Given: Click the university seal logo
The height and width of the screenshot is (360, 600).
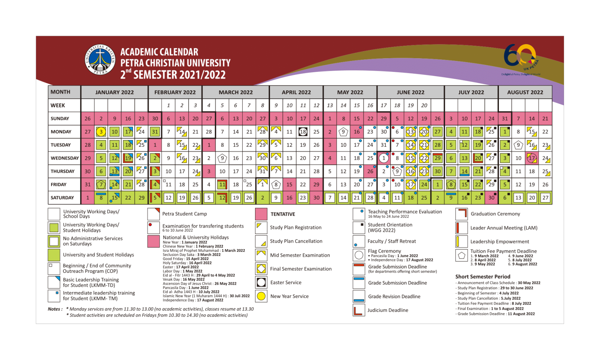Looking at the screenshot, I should coord(100,59).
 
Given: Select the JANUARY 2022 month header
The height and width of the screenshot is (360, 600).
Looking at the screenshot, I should coord(114,93).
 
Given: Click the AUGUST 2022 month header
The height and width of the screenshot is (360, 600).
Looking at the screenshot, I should coord(525,93).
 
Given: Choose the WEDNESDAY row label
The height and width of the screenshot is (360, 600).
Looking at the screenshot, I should coord(64,158).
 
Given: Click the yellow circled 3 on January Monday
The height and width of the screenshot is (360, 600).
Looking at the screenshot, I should coord(101,132).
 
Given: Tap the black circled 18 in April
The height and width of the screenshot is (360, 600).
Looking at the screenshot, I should coord(303,132).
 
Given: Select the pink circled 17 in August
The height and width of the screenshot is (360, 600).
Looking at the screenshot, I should coord(532,158).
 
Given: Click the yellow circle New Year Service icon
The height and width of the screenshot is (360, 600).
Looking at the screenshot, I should coord(261,296).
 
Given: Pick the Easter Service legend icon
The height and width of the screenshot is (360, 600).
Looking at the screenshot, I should coord(261,282).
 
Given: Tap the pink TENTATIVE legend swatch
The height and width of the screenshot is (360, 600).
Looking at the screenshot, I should coord(261,214).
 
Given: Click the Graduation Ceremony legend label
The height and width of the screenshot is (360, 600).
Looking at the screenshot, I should coord(495,214).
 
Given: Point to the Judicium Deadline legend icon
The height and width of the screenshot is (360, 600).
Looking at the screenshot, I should coord(358,310).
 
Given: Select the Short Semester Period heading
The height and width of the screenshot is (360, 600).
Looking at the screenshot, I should coord(482,277).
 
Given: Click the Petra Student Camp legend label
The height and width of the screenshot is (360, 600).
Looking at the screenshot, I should coord(184,214).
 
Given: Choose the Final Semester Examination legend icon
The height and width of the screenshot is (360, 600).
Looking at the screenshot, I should coord(261,269).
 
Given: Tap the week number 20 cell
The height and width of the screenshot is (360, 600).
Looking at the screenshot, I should coord(424,105).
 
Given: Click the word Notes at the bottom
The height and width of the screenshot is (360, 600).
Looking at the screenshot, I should coord(55,309).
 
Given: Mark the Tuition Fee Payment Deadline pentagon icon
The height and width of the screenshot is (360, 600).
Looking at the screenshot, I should coord(461,256).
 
